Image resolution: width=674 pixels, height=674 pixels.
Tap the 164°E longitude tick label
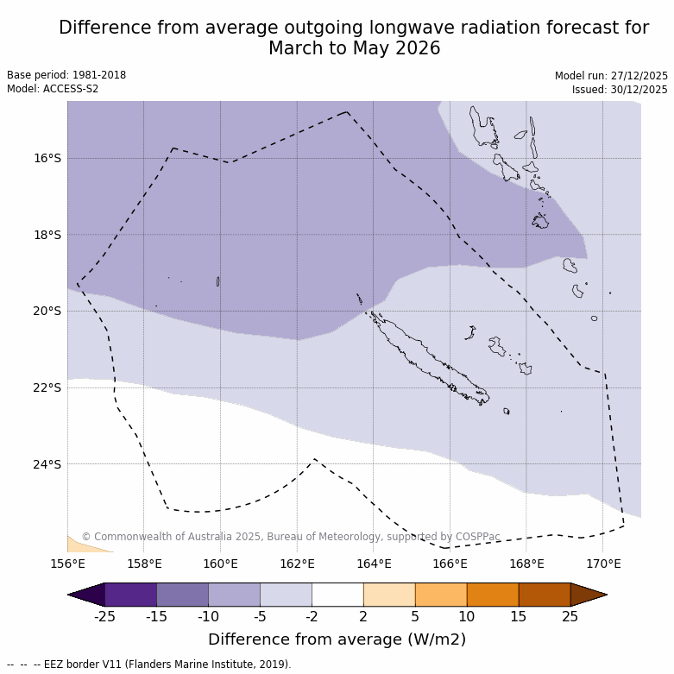[374, 564]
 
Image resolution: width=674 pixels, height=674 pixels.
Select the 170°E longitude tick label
[603, 564]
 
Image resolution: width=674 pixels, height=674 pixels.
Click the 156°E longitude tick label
[67, 564]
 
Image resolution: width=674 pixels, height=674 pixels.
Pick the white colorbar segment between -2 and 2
[337, 595]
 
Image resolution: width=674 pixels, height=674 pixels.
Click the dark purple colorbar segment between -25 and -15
[130, 595]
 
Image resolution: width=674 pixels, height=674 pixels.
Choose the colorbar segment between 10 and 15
[493, 595]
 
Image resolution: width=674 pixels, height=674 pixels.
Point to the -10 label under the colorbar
[208, 616]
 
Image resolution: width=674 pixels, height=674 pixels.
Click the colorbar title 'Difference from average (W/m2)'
[337, 639]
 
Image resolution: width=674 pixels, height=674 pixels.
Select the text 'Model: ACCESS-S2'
[53, 89]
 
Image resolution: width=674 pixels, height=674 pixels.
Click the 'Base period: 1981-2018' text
[66, 75]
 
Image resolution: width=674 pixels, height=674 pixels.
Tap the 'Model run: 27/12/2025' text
[611, 76]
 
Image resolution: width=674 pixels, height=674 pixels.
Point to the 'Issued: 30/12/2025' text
[620, 90]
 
